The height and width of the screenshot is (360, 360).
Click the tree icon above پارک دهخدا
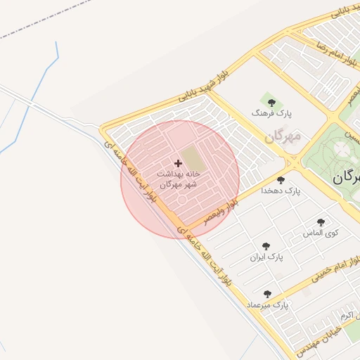(281, 180)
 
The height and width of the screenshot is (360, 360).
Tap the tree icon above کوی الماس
(321, 222)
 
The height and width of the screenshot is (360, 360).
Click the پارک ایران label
(266, 257)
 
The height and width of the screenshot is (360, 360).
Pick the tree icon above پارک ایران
(266, 246)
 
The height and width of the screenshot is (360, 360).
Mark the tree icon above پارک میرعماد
(267, 294)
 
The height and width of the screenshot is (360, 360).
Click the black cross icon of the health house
(178, 163)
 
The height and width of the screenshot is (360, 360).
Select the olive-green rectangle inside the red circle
(191, 156)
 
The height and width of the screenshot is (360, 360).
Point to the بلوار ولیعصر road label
(221, 212)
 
